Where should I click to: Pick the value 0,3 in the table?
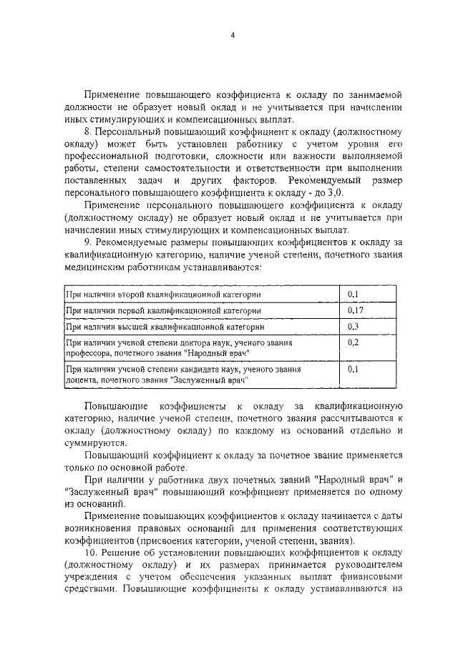tap(352, 327)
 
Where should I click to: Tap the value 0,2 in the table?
tap(352, 342)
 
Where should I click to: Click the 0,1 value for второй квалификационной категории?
tap(352, 295)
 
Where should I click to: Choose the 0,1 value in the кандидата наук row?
tap(352, 370)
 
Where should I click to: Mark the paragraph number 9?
tap(87, 243)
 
